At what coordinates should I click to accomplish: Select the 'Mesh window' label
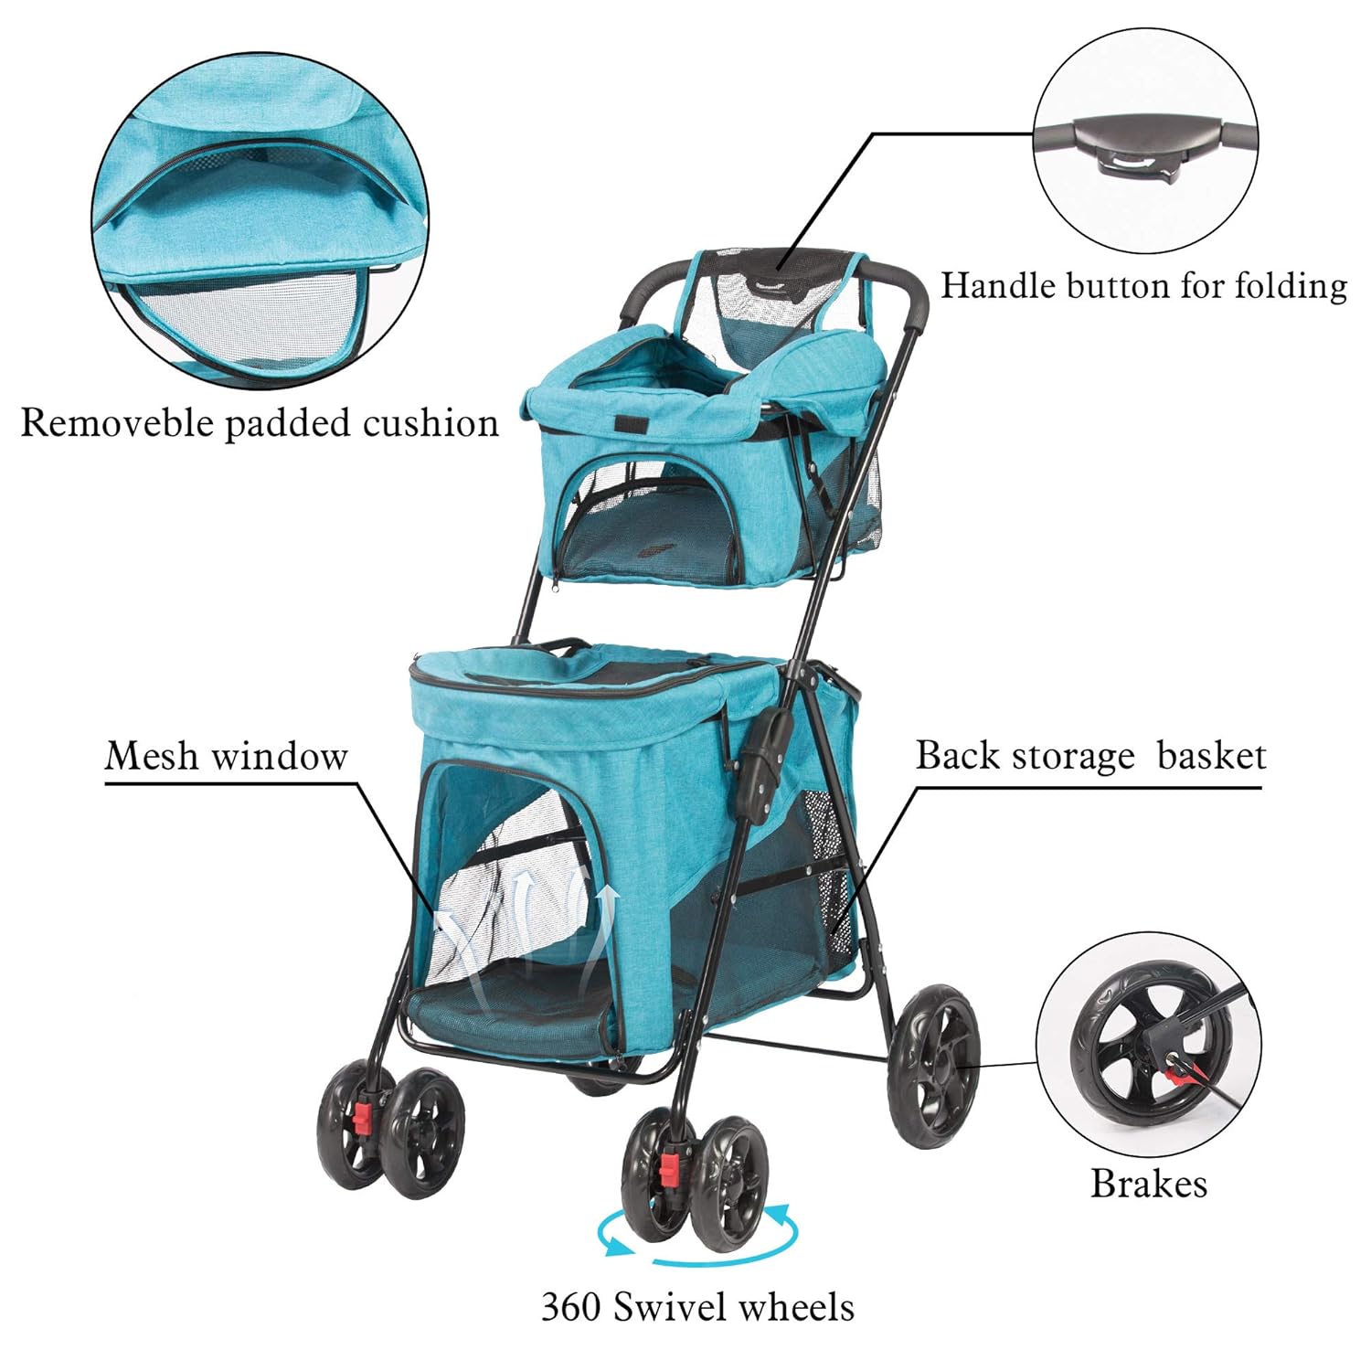pos(227,757)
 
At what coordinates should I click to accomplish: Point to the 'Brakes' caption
pos(1149,1184)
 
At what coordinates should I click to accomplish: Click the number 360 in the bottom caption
pos(571,1306)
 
